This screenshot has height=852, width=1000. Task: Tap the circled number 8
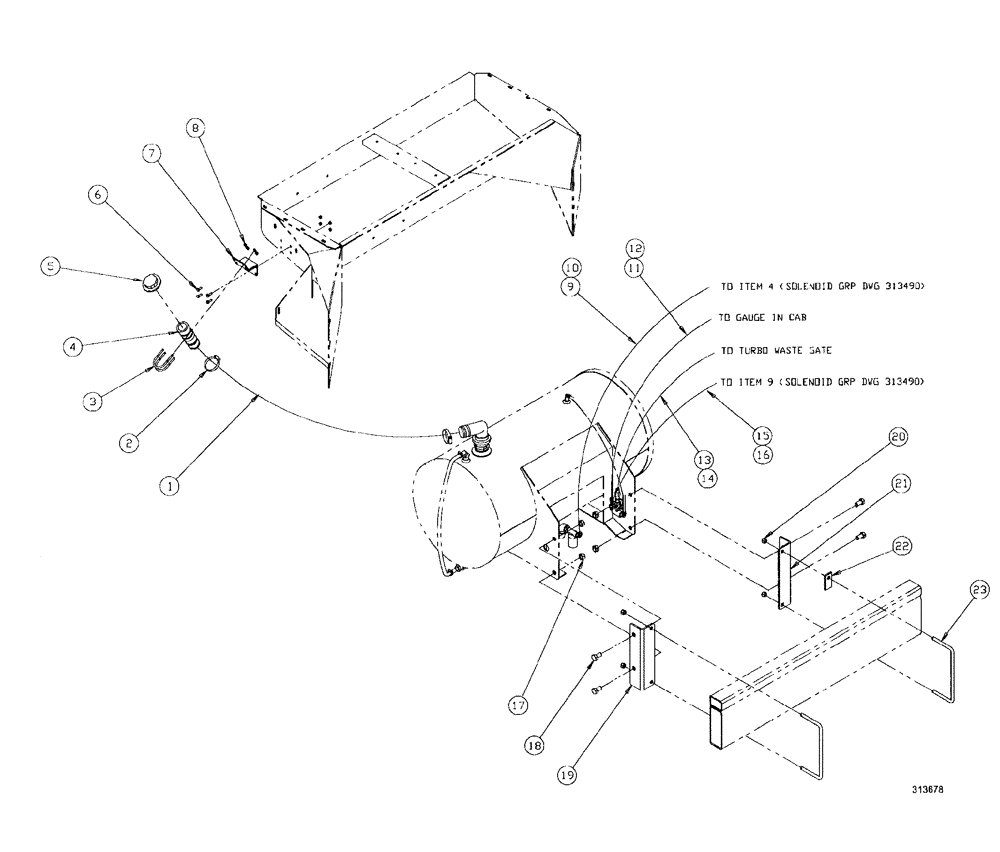[196, 128]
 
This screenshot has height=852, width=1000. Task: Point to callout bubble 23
[979, 592]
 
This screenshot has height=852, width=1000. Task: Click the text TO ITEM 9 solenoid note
[820, 383]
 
